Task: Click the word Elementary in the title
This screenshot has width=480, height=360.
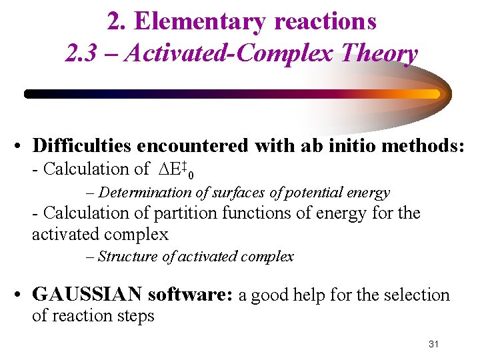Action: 193,21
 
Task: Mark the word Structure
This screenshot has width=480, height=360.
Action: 127,257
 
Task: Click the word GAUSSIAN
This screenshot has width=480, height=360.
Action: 87,295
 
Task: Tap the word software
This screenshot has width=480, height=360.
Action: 189,295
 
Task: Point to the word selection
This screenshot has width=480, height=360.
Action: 417,295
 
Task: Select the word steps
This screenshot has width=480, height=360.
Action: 137,315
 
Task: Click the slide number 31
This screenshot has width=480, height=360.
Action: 433,344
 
